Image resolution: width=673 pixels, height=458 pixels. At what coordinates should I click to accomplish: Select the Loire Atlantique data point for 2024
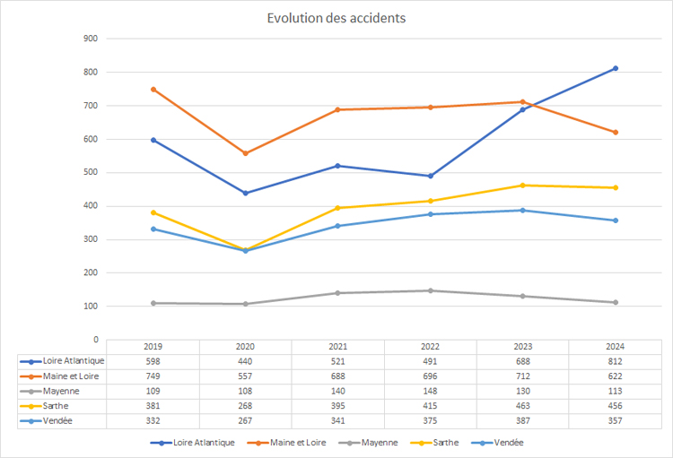(615, 68)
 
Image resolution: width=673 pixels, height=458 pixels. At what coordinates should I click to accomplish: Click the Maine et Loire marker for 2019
(153, 90)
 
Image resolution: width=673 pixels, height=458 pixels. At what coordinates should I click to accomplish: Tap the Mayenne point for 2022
(430, 290)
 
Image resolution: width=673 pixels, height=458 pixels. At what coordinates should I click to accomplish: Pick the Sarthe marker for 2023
(522, 186)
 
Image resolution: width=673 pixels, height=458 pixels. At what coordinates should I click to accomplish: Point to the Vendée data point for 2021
(337, 226)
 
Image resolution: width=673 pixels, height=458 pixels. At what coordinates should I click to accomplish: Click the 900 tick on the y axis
(90, 39)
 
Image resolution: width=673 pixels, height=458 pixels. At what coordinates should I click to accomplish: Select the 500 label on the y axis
(90, 173)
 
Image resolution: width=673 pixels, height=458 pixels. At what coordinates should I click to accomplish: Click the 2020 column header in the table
(246, 347)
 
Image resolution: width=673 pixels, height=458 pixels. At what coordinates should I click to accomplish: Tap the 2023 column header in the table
(522, 347)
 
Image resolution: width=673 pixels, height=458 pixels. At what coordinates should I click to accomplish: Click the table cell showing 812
(615, 361)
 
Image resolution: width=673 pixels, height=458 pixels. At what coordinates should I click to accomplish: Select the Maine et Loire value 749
(153, 376)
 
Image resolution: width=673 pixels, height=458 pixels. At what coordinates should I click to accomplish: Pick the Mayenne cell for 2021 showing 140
(337, 391)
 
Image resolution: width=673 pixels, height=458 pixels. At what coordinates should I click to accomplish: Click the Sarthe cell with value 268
(246, 406)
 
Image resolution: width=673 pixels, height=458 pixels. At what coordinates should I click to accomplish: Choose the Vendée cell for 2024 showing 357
(615, 420)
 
